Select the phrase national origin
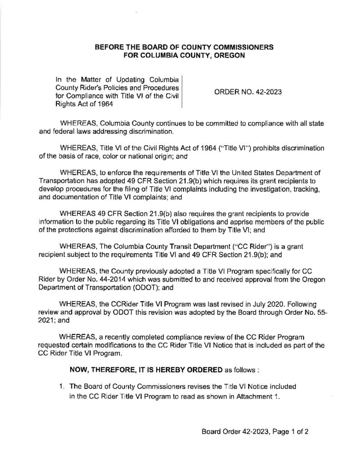164,157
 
